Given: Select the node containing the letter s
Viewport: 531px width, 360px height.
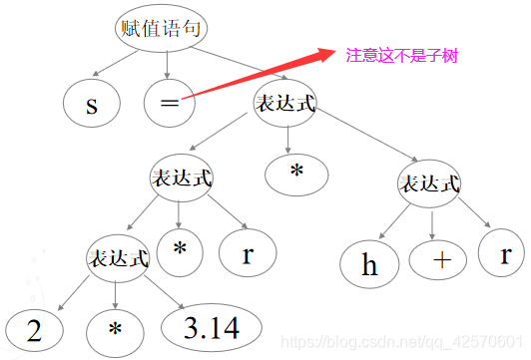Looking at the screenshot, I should pos(92,104).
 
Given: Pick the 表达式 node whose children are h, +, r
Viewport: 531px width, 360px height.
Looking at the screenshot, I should pos(429,184).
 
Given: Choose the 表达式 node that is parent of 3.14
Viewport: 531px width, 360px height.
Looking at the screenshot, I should pos(119,258).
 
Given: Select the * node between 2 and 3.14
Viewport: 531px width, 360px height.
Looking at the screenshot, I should pos(119,330).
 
